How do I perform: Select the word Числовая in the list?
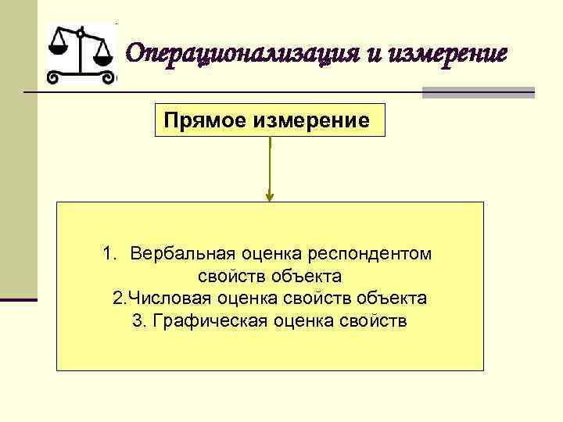164,299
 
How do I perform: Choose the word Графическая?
203,321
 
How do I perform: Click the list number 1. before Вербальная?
109,254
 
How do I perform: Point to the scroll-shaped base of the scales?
81,77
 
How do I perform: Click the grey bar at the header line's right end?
479,92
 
